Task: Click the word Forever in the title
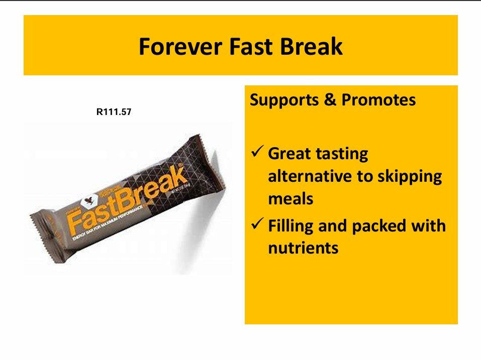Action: (180, 47)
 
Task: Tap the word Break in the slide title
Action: (312, 47)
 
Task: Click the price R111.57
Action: (114, 112)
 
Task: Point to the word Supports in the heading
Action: (285, 100)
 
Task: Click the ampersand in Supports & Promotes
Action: (330, 100)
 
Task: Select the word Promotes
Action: (378, 100)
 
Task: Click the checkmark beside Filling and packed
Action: (257, 224)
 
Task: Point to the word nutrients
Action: (303, 248)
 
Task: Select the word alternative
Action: (312, 176)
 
